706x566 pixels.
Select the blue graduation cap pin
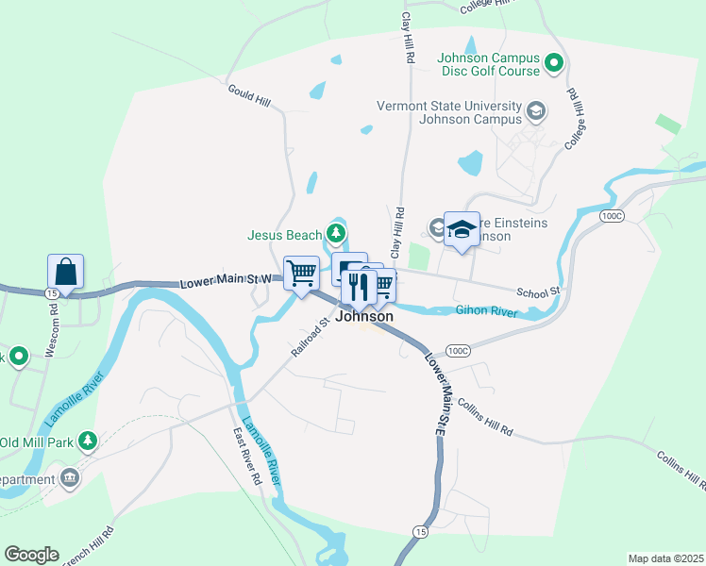462,229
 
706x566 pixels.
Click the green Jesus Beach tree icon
334,232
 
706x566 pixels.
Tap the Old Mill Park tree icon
87,441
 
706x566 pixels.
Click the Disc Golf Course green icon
555,64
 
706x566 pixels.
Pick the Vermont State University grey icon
536,111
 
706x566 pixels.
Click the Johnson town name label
364,317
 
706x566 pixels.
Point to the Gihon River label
486,309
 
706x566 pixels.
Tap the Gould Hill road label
248,94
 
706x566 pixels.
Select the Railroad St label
310,337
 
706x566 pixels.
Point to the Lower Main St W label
226,280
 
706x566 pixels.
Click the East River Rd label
247,457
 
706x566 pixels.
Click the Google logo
31,555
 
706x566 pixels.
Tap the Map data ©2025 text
665,558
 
